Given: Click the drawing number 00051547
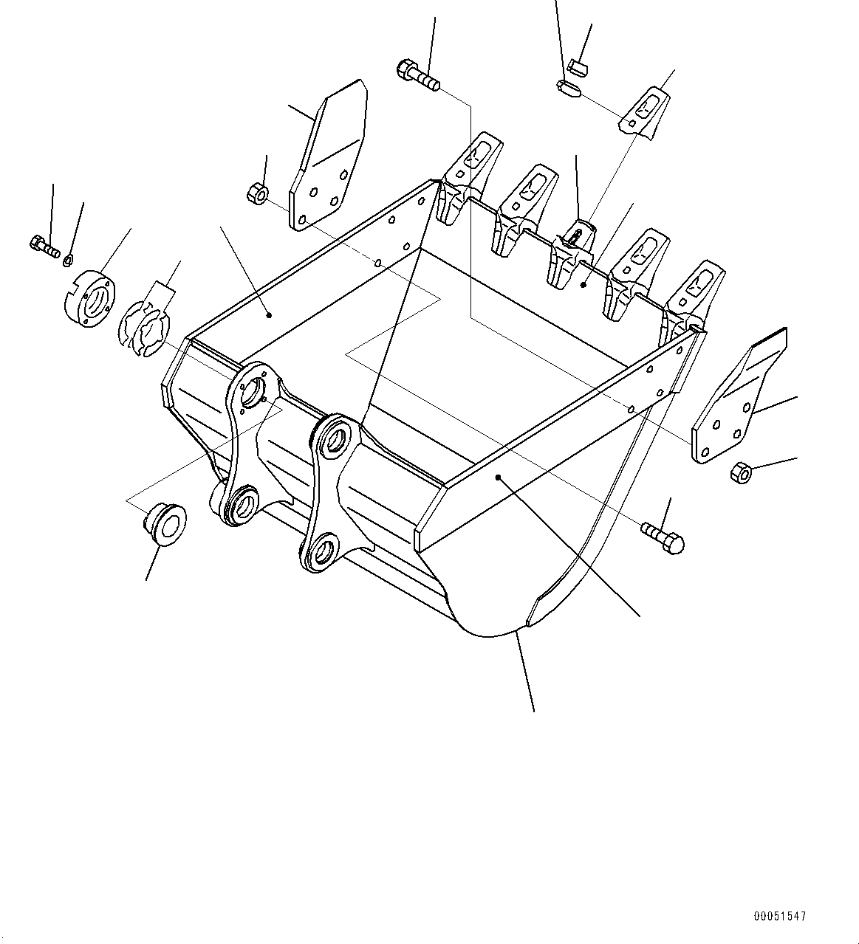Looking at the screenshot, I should point(780,916).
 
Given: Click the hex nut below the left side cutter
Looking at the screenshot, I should point(257,194).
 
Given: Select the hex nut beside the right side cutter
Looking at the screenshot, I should point(741,472).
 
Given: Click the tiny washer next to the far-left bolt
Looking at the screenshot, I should point(69,258).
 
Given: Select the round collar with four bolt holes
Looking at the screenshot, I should point(88,300).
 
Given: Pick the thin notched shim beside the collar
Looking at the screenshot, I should point(144,325).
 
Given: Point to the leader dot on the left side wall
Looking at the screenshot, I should point(269,315).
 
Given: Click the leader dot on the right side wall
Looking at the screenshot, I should point(499,478).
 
